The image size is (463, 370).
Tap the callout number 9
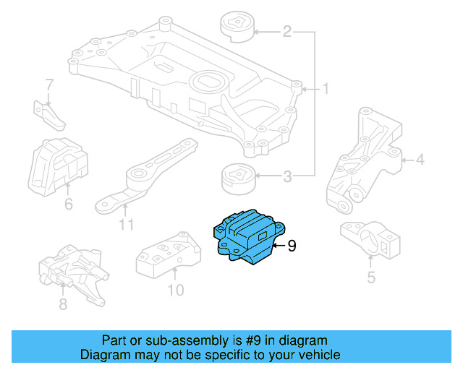(x=292, y=246)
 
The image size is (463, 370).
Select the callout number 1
(x=326, y=90)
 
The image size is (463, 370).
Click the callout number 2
(x=286, y=32)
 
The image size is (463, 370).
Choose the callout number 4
(x=420, y=160)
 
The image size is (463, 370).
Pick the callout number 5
(x=370, y=277)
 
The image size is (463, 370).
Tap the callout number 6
(x=69, y=205)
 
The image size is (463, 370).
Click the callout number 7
(x=49, y=85)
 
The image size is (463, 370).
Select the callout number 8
(x=63, y=304)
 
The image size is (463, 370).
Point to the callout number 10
(x=176, y=291)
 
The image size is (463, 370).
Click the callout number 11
(x=127, y=225)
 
